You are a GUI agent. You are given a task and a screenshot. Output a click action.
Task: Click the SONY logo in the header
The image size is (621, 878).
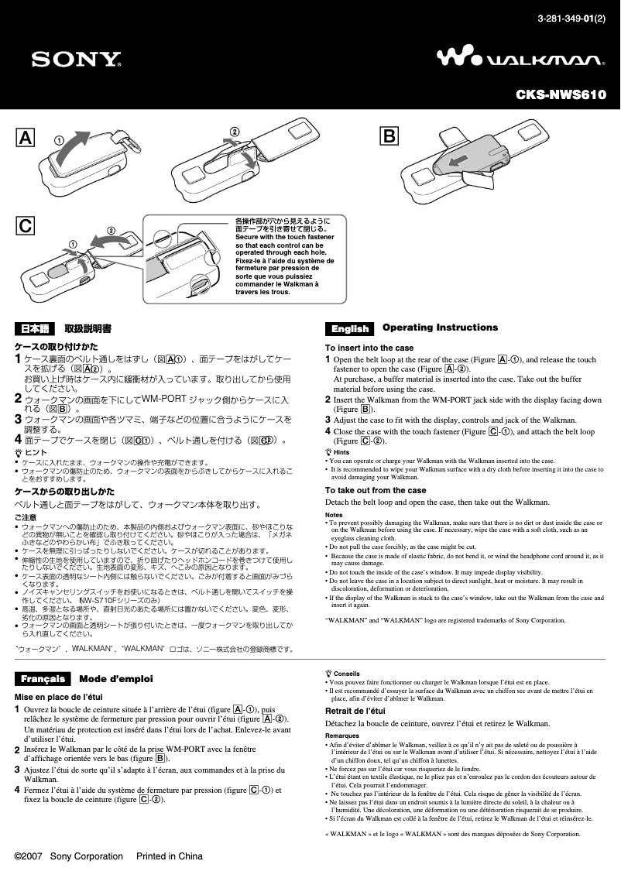click(x=76, y=60)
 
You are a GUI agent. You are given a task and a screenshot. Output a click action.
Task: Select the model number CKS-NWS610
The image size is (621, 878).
click(x=561, y=95)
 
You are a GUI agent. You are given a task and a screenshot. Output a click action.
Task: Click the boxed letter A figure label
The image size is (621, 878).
click(x=26, y=138)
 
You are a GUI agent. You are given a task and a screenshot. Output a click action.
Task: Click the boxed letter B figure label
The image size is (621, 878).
click(x=388, y=138)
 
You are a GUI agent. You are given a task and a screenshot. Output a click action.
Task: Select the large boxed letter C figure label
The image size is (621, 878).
click(x=26, y=226)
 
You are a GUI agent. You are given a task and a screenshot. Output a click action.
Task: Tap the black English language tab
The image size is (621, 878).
click(x=350, y=329)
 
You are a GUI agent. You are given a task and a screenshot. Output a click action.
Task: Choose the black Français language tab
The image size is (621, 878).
click(x=43, y=679)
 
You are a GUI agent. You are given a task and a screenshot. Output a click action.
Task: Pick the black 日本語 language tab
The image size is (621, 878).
click(x=35, y=329)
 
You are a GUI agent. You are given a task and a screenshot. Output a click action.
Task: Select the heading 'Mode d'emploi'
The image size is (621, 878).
click(x=116, y=679)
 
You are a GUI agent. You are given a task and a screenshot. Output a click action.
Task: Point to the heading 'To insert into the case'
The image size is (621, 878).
click(x=369, y=348)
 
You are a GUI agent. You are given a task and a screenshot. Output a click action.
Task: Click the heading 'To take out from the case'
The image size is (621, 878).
click(x=376, y=490)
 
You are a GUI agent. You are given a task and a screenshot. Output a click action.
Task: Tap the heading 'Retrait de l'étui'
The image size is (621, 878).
click(x=355, y=711)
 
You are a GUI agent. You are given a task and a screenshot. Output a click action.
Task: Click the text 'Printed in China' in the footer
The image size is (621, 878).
click(x=169, y=856)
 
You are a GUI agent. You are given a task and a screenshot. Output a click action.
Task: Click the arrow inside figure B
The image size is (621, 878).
click(x=458, y=160)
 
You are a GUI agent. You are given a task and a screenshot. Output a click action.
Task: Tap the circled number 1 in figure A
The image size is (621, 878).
click(x=58, y=140)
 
